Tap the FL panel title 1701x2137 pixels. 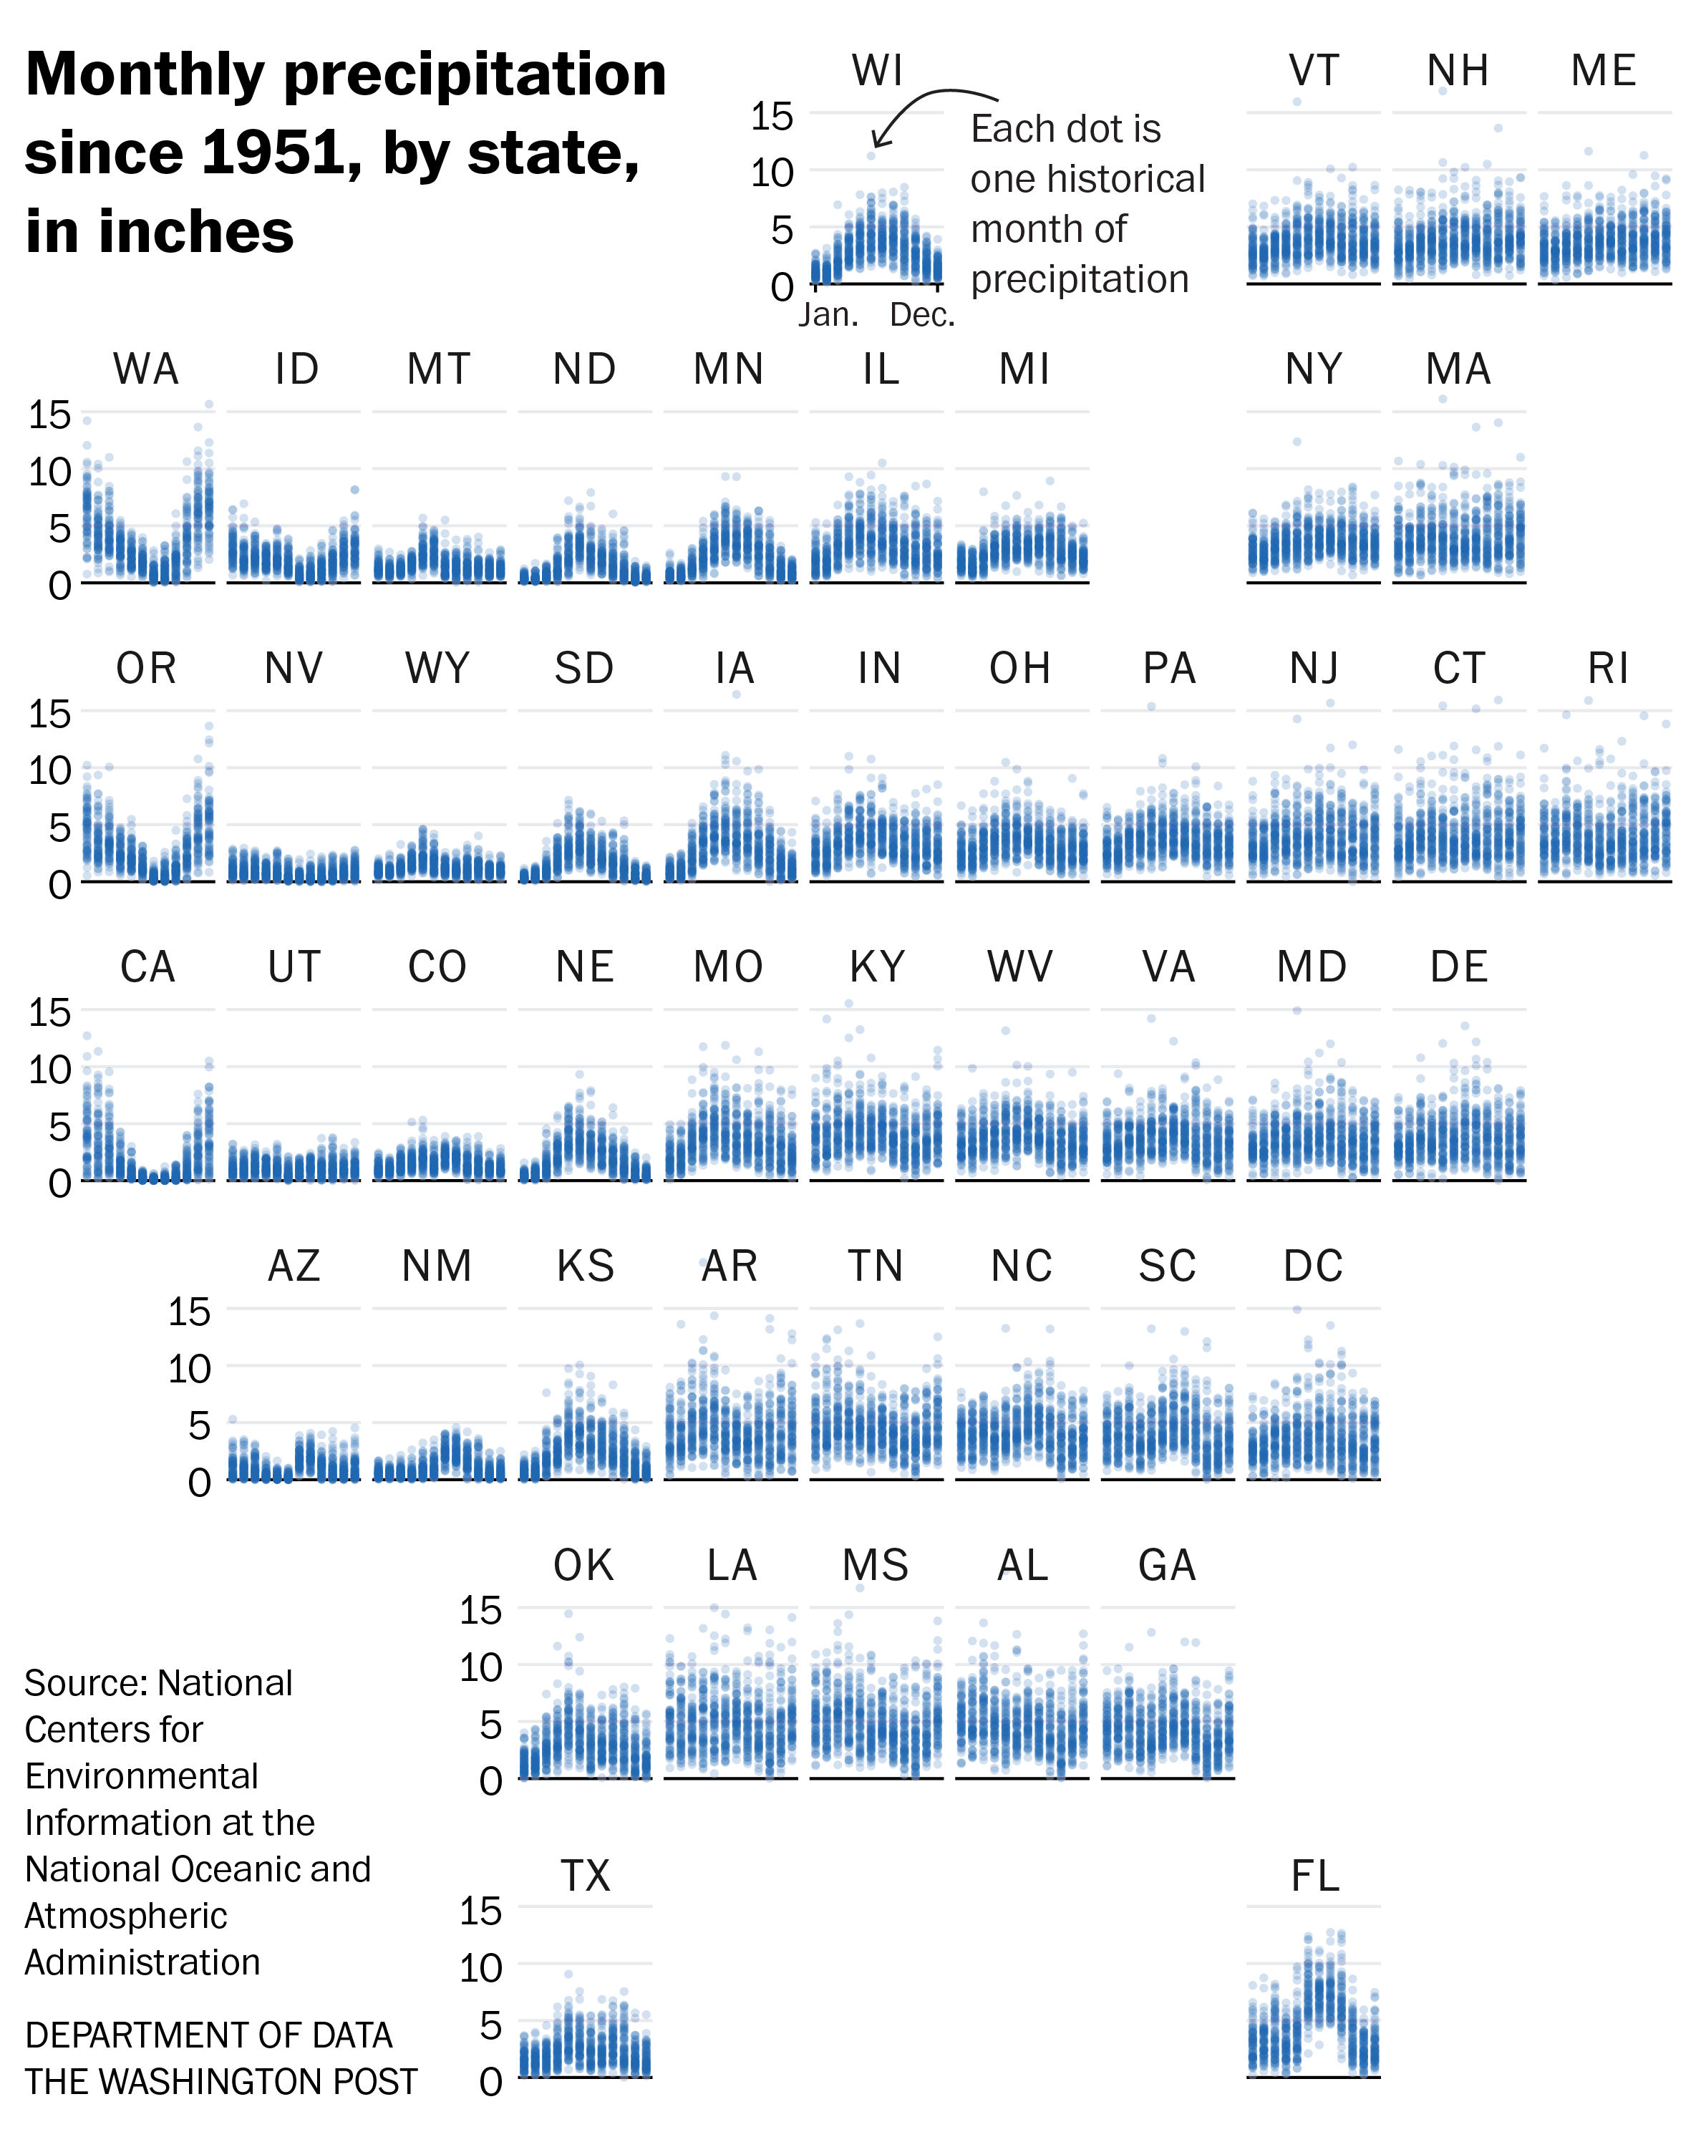(x=1314, y=1876)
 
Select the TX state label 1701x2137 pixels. (x=585, y=1876)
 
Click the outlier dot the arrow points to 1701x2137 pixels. (x=871, y=155)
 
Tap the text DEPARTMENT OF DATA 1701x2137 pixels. (x=208, y=2035)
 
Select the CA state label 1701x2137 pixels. (x=147, y=967)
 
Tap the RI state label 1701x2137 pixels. (x=1606, y=669)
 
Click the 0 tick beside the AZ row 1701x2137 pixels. (x=199, y=1483)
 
